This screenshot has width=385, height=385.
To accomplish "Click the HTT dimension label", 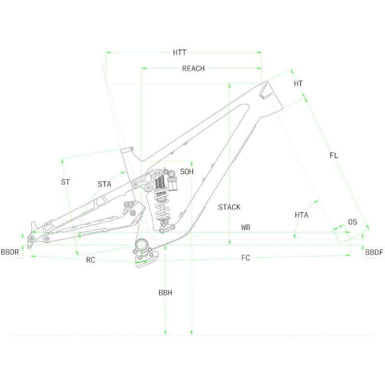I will (180, 52).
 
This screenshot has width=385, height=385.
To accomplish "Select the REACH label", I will (193, 68).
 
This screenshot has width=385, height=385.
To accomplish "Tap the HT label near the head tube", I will (298, 84).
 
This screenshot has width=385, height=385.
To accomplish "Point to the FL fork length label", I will (334, 155).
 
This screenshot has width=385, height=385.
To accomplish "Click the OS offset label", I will (353, 222).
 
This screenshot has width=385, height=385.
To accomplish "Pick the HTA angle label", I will (302, 215).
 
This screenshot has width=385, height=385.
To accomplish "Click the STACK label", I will (229, 207).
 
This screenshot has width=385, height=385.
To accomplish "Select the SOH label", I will (187, 172).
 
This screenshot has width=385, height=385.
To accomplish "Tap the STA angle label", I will (104, 184).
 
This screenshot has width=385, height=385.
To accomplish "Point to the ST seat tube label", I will (65, 182).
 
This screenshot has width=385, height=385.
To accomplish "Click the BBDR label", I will (10, 252).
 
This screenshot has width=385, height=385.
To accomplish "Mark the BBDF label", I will (374, 252).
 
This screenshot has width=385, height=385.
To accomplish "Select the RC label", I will (90, 260).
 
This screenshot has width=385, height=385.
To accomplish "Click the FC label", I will (245, 258).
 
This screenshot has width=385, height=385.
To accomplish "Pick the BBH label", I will (165, 293).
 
